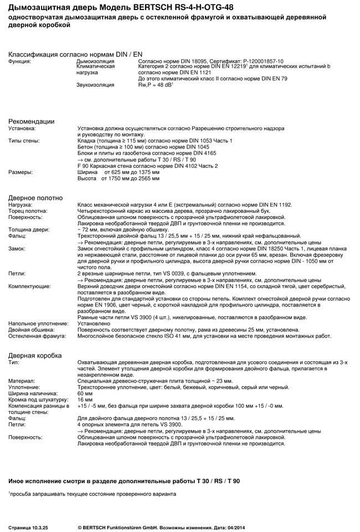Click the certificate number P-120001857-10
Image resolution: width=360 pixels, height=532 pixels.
pyautogui.click(x=259, y=61)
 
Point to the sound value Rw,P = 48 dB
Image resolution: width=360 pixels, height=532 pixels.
pyautogui.click(x=156, y=85)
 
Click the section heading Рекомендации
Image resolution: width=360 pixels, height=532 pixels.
pyautogui.click(x=31, y=121)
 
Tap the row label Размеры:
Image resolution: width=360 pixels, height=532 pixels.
pyautogui.click(x=20, y=172)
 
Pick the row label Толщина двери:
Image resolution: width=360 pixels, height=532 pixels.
pyautogui.click(x=29, y=229)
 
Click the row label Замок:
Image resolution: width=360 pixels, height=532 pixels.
pyautogui.click(x=18, y=248)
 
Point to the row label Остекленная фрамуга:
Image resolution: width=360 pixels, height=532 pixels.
pyautogui.click(x=37, y=336)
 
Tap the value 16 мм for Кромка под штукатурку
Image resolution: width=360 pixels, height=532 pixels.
pyautogui.click(x=85, y=399)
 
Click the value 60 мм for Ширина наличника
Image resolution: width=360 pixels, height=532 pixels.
pyautogui.click(x=85, y=393)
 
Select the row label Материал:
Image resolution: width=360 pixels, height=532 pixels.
pyautogui.click(x=22, y=381)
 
